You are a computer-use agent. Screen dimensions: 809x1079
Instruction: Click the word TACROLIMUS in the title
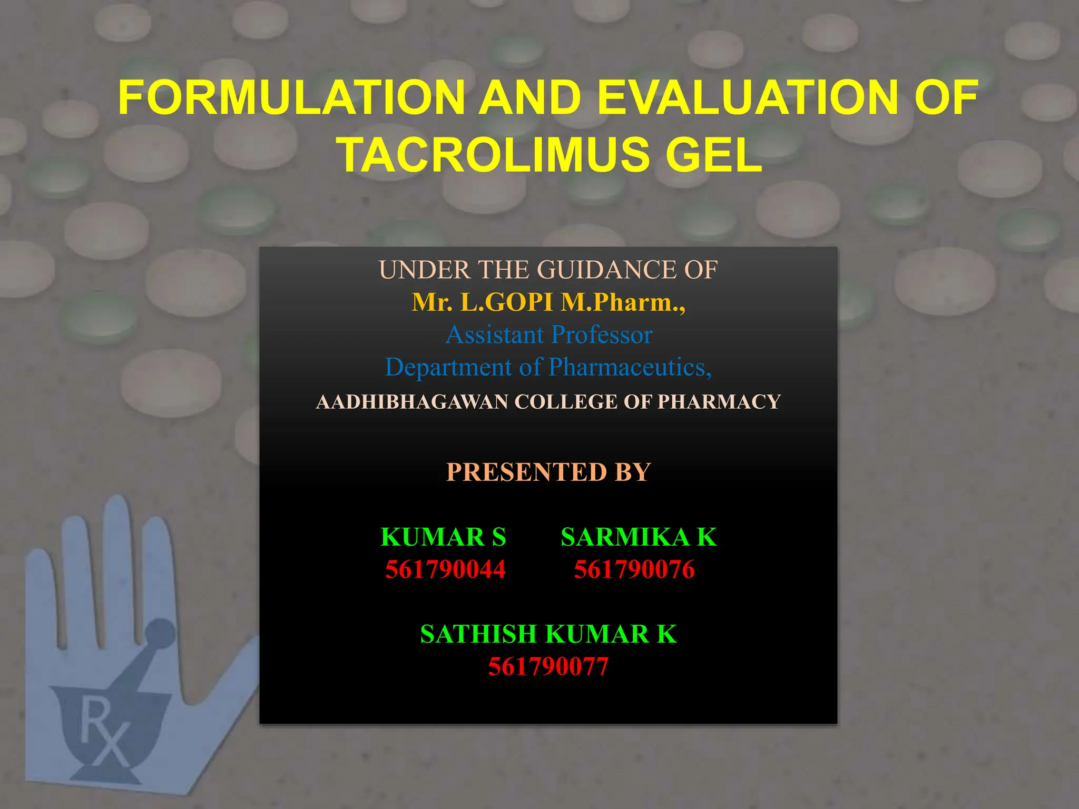[x=495, y=155]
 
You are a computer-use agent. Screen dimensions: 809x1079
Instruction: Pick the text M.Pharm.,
[x=623, y=302]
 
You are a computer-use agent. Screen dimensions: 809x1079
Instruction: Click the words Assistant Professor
[x=549, y=335]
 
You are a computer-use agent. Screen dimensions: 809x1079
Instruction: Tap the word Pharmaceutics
[x=630, y=367]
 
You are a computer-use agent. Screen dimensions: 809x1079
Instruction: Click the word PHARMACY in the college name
[x=719, y=402]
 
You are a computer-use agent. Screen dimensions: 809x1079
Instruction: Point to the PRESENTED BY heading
[x=548, y=472]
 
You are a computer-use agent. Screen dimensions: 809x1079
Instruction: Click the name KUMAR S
[x=443, y=537]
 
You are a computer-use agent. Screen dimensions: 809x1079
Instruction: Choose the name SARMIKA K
[x=639, y=537]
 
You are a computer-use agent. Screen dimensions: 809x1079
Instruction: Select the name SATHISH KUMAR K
[x=548, y=634]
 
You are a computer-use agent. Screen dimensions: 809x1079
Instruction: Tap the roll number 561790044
[x=445, y=570]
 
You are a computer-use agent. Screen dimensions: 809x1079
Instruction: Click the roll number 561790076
[x=634, y=570]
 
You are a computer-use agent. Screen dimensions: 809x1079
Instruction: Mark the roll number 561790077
[x=548, y=667]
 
